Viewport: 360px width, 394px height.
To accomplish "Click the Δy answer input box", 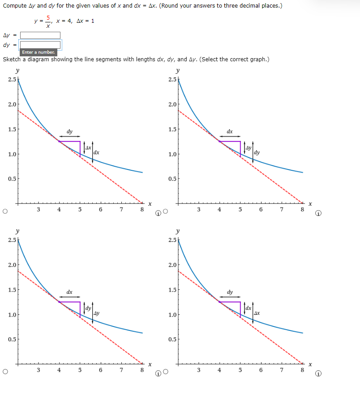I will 40,35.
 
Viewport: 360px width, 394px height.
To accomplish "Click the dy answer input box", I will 40,45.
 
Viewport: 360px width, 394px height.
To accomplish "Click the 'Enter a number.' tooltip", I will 39,52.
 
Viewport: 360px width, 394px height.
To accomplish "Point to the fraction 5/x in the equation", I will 48,21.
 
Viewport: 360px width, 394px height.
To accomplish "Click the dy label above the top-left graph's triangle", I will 70,131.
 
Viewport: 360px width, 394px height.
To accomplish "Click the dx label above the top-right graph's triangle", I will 230,131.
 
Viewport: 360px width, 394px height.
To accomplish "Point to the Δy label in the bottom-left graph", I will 97,313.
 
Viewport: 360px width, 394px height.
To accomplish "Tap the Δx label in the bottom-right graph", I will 257,313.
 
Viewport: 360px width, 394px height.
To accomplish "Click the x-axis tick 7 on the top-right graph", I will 281,209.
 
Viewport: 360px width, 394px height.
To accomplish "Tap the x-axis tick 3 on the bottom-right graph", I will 198,370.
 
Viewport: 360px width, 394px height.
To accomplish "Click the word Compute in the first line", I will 15,5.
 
